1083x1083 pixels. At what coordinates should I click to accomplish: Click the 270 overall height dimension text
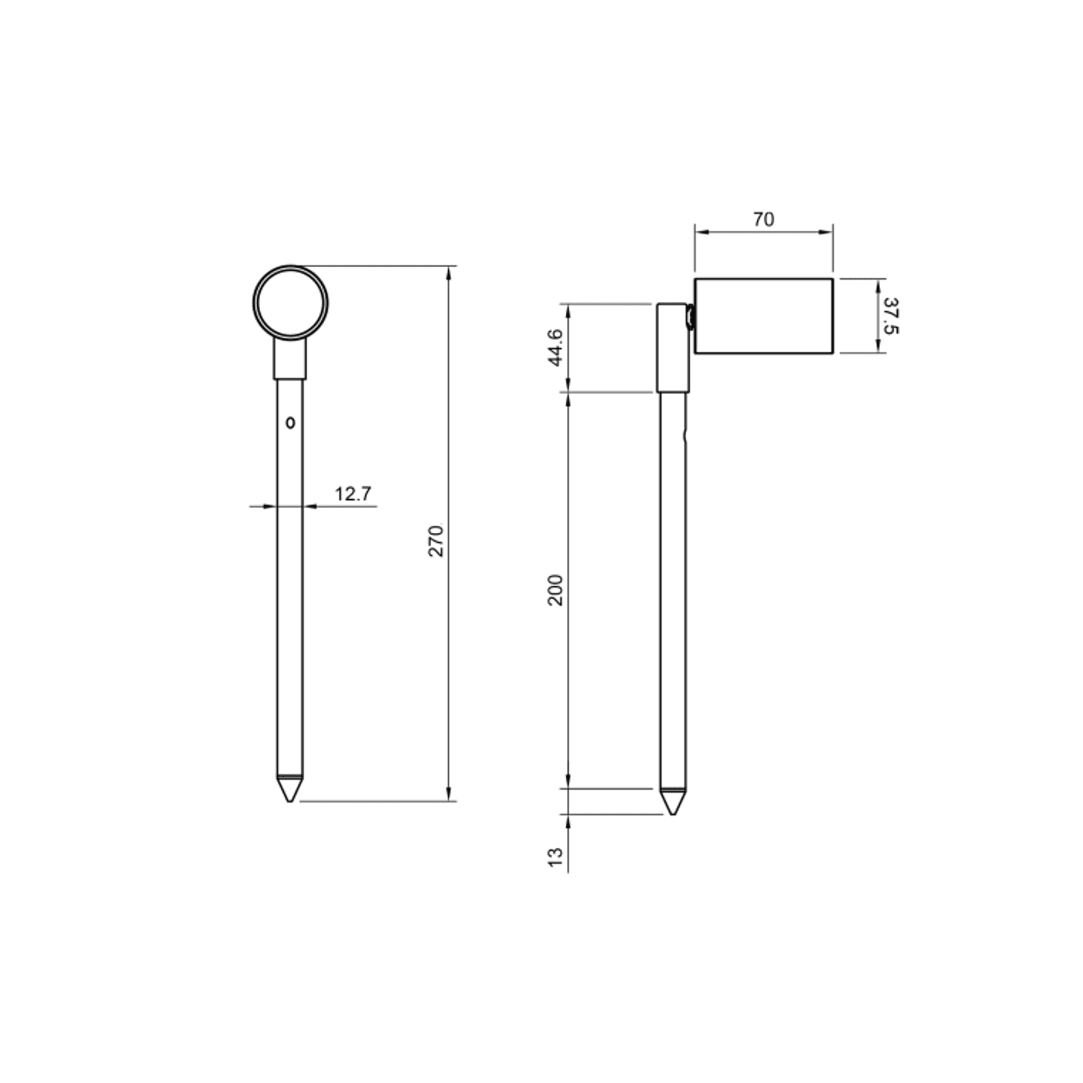click(x=437, y=541)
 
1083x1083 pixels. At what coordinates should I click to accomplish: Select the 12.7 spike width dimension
click(x=353, y=494)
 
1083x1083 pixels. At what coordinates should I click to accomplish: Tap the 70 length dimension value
click(x=764, y=220)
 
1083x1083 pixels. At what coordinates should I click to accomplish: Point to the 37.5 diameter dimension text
click(x=891, y=315)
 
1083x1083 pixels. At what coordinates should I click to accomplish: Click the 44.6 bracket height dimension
click(x=555, y=347)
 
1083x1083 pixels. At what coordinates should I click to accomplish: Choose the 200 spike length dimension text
click(x=555, y=590)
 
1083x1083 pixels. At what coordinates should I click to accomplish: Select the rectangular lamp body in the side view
click(x=764, y=316)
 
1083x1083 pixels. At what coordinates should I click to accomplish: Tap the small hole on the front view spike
click(x=290, y=423)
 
